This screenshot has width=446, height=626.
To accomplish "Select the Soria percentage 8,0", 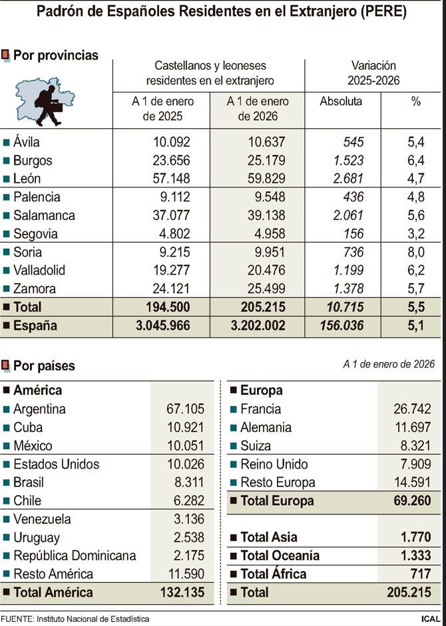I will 415,252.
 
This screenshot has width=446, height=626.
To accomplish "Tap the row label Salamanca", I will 44,215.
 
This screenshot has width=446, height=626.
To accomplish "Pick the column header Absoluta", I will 341,102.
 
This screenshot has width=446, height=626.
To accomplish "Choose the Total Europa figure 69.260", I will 408,500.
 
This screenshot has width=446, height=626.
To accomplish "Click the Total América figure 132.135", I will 176,592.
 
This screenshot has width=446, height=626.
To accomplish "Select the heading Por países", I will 44,365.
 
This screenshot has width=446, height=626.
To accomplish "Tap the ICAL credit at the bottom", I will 429,619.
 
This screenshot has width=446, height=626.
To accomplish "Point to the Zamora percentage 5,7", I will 415,289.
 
